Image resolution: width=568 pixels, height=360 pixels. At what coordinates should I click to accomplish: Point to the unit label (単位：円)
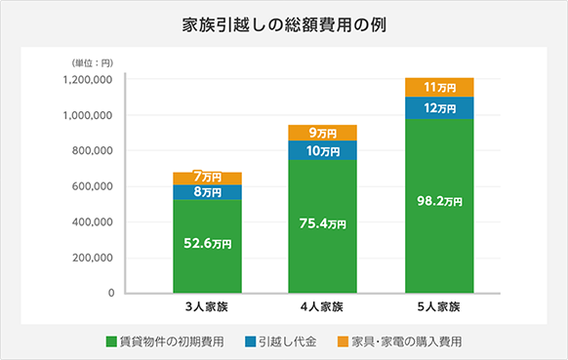click(x=91, y=62)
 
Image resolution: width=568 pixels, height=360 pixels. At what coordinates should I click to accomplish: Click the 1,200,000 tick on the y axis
click(x=87, y=80)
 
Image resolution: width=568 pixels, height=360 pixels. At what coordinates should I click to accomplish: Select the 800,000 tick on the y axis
click(x=91, y=151)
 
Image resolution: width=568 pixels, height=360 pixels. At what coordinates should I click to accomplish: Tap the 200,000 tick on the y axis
click(x=91, y=259)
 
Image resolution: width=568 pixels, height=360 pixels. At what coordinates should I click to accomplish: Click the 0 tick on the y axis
click(x=110, y=294)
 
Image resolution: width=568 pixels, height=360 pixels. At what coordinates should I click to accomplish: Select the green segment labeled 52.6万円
click(x=207, y=245)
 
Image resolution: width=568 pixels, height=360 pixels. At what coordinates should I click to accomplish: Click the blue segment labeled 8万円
click(x=207, y=192)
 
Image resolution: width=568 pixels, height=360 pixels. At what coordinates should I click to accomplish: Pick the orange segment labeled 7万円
click(x=207, y=178)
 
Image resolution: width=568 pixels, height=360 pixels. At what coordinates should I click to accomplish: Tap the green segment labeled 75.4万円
click(x=322, y=224)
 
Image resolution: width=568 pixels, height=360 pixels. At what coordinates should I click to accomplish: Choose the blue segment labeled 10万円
click(x=322, y=150)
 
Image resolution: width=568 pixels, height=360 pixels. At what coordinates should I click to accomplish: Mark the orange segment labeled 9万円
click(x=322, y=133)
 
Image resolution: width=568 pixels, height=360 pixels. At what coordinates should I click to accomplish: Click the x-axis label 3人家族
click(x=207, y=308)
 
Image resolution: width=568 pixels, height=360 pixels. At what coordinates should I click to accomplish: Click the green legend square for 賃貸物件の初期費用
click(x=110, y=342)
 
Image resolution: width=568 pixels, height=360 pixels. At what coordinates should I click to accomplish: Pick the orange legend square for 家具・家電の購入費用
click(x=342, y=342)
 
